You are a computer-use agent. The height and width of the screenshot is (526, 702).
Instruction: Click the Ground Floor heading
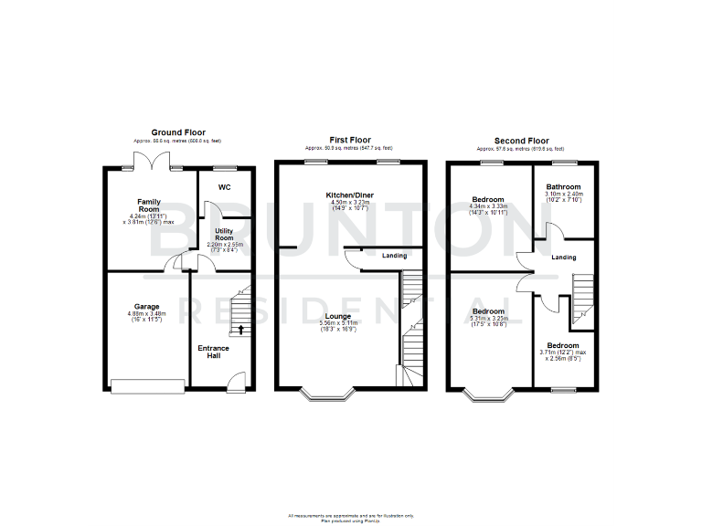(177, 133)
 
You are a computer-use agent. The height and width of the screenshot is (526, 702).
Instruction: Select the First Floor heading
(349, 141)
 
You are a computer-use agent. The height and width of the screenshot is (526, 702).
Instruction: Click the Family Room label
(149, 205)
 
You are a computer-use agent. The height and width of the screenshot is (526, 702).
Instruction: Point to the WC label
(224, 188)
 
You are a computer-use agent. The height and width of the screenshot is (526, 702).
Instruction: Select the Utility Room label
(224, 235)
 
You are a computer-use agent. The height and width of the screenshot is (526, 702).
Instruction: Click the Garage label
(146, 306)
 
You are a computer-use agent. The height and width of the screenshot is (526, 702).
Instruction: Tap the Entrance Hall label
(213, 352)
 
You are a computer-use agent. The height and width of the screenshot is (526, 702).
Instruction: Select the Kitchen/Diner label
(349, 195)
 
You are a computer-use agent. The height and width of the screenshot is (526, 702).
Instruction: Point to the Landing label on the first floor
(394, 256)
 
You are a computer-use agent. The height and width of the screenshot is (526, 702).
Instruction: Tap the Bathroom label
(564, 186)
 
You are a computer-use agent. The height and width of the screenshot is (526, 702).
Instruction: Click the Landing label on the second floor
(564, 258)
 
